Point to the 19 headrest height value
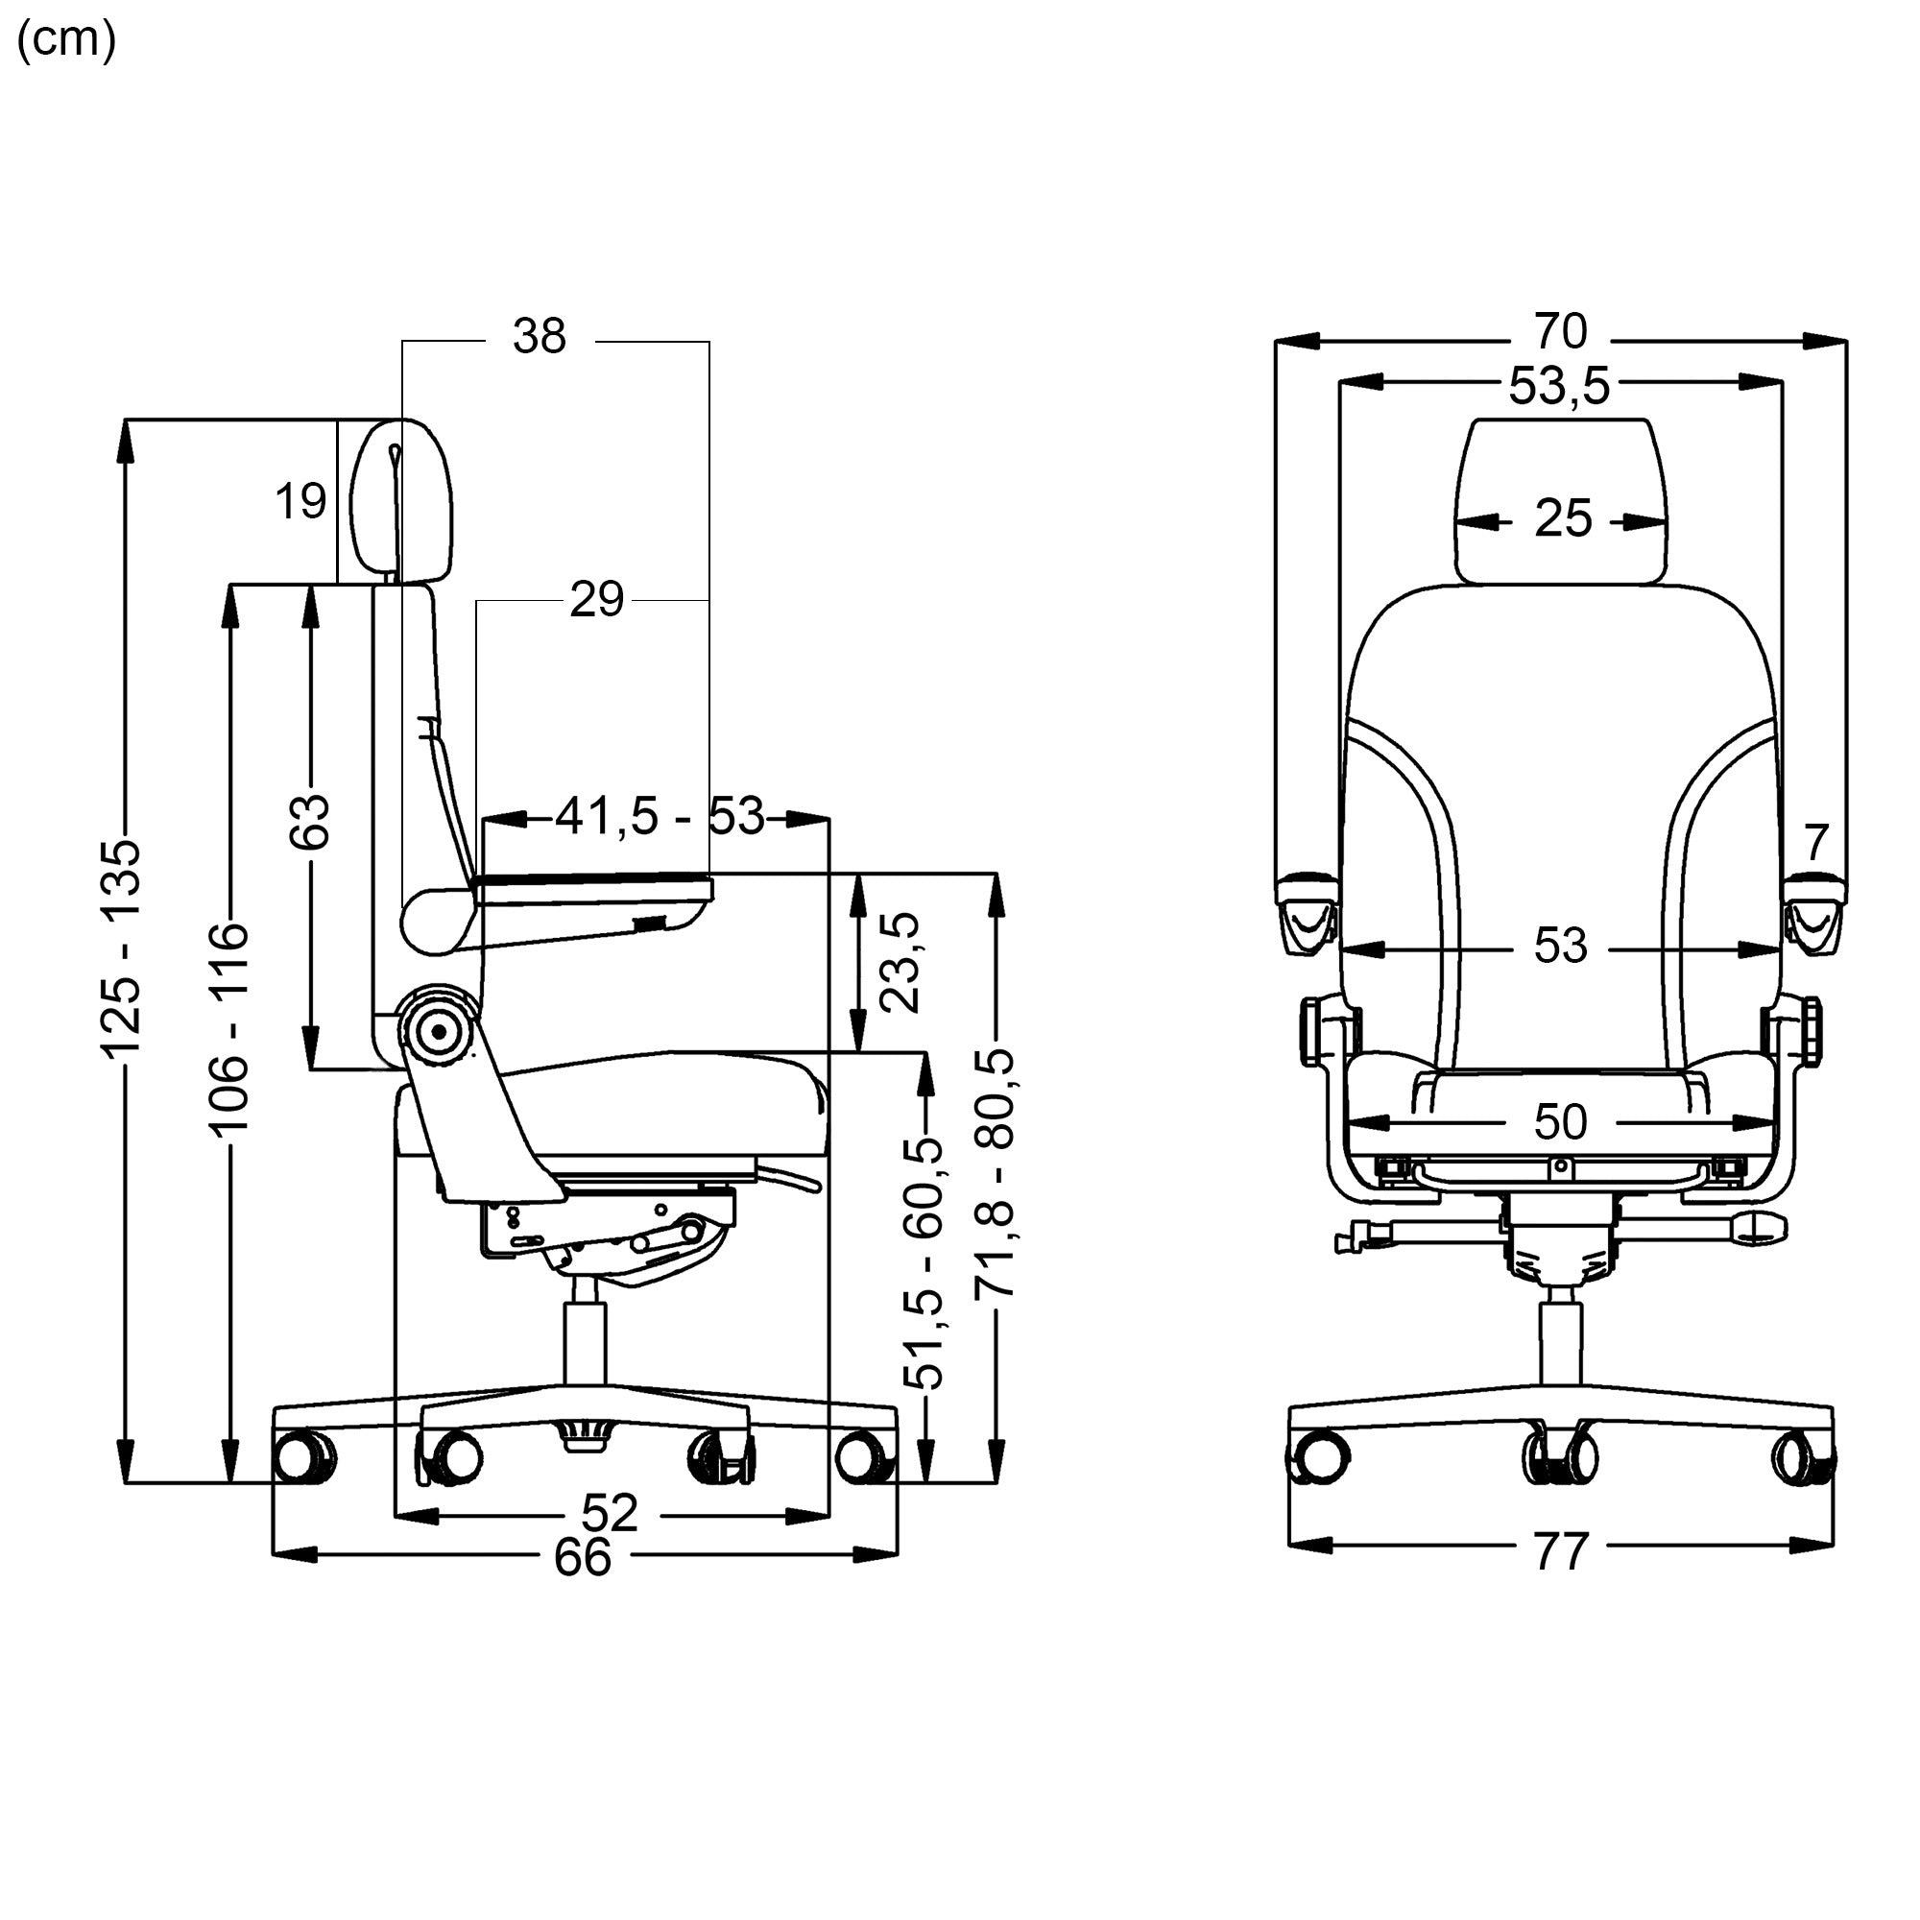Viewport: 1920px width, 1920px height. coord(300,501)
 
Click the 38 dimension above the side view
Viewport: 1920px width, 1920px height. coord(540,336)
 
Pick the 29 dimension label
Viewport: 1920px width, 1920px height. coord(596,599)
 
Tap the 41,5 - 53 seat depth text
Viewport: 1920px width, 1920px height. coord(660,816)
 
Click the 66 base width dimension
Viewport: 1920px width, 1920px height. coord(583,1557)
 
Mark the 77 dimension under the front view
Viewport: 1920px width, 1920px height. coord(1561,1552)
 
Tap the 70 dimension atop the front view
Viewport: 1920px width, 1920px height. coord(1560,331)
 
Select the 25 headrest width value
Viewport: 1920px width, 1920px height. coord(1562,517)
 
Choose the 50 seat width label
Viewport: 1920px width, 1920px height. coord(1560,1122)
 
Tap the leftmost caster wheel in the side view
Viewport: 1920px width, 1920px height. coord(303,1458)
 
